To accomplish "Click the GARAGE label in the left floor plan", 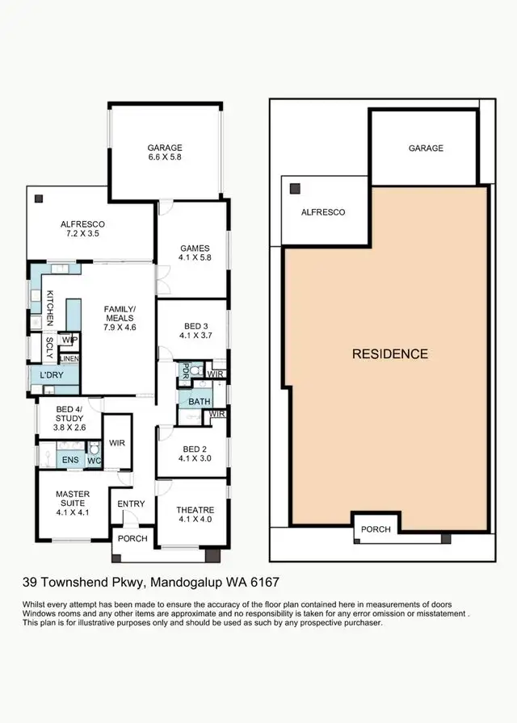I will click(164, 148).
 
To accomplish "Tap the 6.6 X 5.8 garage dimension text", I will click(164, 158).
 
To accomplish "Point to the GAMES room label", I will click(195, 249).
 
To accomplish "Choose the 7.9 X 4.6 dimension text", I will click(120, 329).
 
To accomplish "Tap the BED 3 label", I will click(195, 327).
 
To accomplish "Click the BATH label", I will click(199, 401).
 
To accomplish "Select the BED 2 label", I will click(195, 449).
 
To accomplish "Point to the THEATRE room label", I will click(195, 509).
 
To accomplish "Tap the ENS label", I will click(71, 461).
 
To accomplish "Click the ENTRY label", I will click(131, 504).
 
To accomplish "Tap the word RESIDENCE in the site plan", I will click(389, 353).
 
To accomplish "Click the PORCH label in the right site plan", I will click(376, 529).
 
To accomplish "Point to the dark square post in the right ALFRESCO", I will click(296, 188).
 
